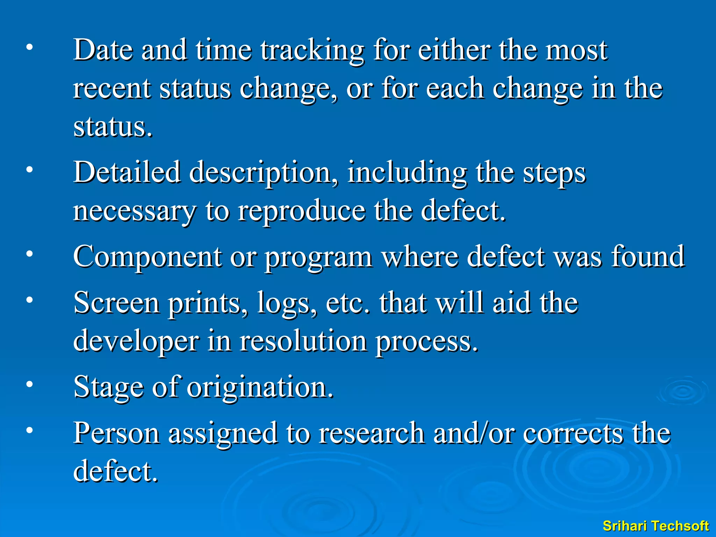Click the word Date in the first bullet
pos(103,50)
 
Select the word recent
pos(112,89)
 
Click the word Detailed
pos(127,172)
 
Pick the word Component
pos(147,257)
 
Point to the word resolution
pos(303,341)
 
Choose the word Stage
pos(109,387)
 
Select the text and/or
pos(474,433)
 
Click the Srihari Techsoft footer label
pos(656,526)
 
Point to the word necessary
pos(134,212)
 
